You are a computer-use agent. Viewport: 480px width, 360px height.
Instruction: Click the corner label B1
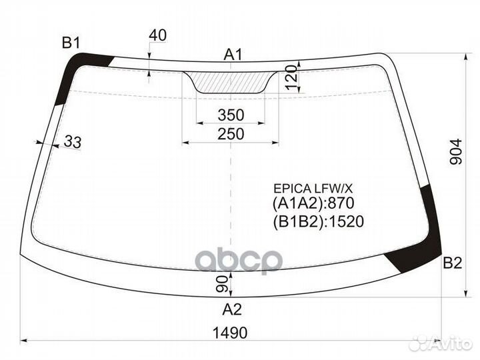pyautogui.click(x=71, y=43)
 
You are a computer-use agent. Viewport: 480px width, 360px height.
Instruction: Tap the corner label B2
pyautogui.click(x=452, y=263)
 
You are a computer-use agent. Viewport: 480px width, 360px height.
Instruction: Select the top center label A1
pyautogui.click(x=233, y=55)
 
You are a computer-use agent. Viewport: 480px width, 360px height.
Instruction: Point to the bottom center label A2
pyautogui.click(x=232, y=309)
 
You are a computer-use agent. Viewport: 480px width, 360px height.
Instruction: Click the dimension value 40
pyautogui.click(x=157, y=35)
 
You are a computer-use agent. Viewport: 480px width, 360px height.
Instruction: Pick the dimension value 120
pyautogui.click(x=292, y=77)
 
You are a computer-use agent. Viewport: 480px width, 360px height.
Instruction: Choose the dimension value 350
pyautogui.click(x=231, y=115)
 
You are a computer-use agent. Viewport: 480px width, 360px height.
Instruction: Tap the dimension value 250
pyautogui.click(x=231, y=134)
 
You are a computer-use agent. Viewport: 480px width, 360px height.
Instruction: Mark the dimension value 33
pyautogui.click(x=73, y=142)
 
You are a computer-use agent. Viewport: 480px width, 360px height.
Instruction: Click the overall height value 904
pyautogui.click(x=456, y=151)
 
